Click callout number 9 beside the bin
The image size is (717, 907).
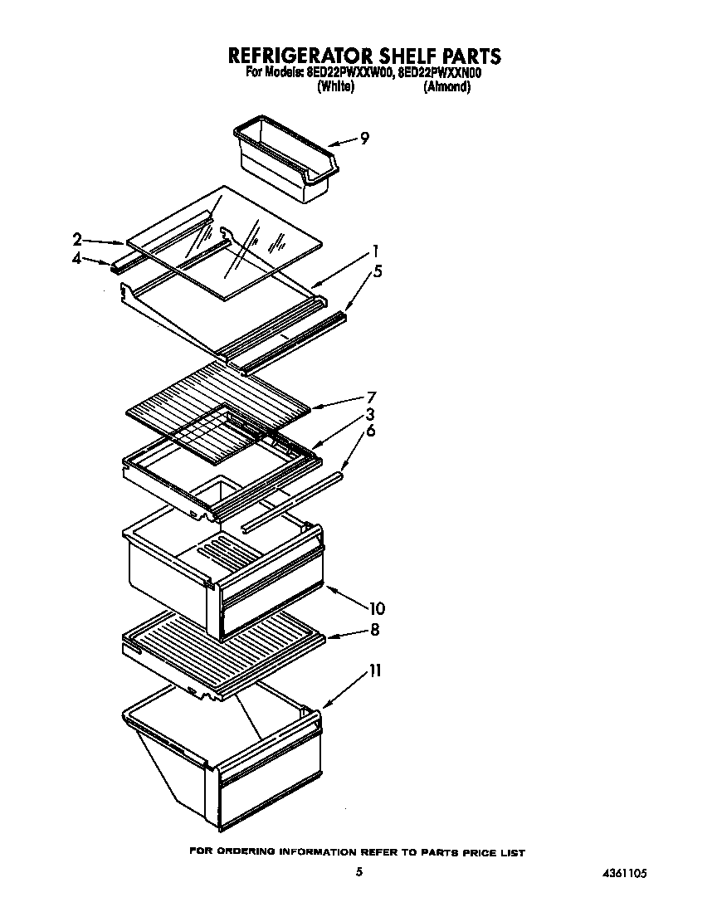tap(364, 139)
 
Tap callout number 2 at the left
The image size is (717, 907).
tap(77, 240)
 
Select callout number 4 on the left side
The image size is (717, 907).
tap(77, 259)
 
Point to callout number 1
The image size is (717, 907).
tap(375, 251)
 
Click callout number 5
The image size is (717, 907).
tap(378, 271)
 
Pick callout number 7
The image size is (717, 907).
tap(372, 396)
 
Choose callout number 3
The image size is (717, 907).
tap(370, 414)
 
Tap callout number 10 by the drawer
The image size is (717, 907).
tap(377, 608)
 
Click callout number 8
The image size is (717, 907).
tap(375, 630)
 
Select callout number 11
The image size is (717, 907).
tap(375, 670)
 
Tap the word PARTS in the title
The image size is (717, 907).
tap(470, 56)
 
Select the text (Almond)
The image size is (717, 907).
tap(446, 87)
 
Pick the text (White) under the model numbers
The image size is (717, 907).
tap(336, 87)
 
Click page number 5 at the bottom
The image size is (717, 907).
tap(358, 872)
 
